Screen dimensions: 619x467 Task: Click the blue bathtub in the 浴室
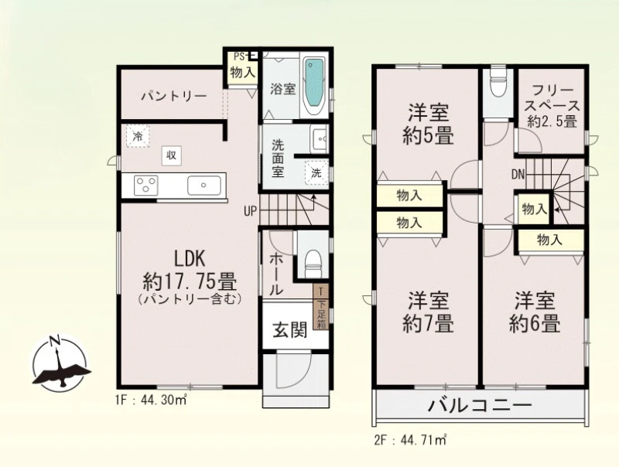pyautogui.click(x=315, y=83)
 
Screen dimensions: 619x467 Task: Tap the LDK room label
pyautogui.click(x=190, y=259)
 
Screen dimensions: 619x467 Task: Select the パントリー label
pyautogui.click(x=174, y=96)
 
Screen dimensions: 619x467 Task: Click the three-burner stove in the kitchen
pyautogui.click(x=146, y=185)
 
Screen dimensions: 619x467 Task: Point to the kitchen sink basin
pyautogui.click(x=204, y=185)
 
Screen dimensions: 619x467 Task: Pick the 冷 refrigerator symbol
pyautogui.click(x=138, y=136)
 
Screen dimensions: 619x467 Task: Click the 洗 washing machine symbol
pyautogui.click(x=316, y=172)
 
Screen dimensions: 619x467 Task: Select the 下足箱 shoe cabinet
pyautogui.click(x=321, y=307)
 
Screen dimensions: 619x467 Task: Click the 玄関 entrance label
pyautogui.click(x=290, y=329)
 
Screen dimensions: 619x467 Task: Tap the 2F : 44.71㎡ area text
pyautogui.click(x=410, y=439)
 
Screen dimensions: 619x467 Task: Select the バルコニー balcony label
pyautogui.click(x=480, y=406)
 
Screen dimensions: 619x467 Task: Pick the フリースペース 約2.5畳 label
pyautogui.click(x=552, y=106)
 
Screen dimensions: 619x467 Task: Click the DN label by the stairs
pyautogui.click(x=518, y=174)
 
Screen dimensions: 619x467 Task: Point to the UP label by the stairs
pyautogui.click(x=250, y=212)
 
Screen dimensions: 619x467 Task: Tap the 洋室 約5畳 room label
pyautogui.click(x=429, y=124)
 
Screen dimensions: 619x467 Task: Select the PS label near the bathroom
pyautogui.click(x=240, y=56)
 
